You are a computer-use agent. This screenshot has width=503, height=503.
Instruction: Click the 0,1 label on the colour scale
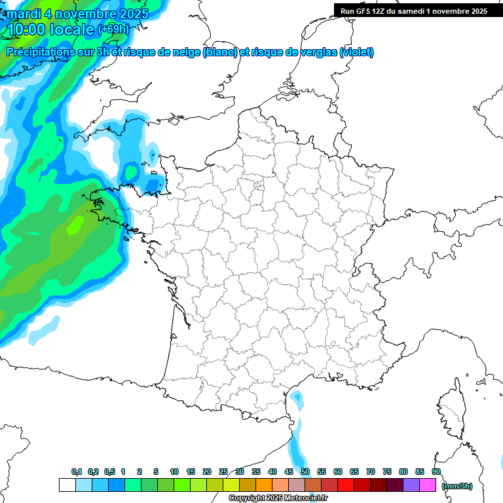pos(77,472)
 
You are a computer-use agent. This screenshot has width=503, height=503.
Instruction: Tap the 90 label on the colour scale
pos(436,472)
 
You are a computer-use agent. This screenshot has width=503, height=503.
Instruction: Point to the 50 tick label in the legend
pos(305,472)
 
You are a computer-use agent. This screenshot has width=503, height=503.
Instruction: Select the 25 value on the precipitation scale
pos(223,472)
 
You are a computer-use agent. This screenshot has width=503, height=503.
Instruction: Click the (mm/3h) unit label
pos(457,486)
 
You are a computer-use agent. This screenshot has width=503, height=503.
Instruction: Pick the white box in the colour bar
pos(67,485)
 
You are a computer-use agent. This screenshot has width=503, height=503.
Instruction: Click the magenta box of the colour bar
pos(428,485)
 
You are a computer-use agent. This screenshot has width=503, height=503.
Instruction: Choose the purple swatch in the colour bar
pos(411,485)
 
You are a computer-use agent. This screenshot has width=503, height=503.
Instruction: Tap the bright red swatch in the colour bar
pos(346,485)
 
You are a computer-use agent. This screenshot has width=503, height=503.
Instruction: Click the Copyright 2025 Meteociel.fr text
pos(278,498)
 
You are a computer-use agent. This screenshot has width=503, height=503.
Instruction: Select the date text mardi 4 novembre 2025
pos(77,14)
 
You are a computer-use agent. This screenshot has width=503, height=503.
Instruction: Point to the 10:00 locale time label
pos(50,29)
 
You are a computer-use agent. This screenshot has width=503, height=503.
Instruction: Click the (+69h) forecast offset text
pos(113,29)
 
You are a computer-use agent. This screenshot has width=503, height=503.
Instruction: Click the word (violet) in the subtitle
pos(357,52)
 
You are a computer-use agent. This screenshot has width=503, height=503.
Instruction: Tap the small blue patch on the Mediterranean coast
pos(297,398)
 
